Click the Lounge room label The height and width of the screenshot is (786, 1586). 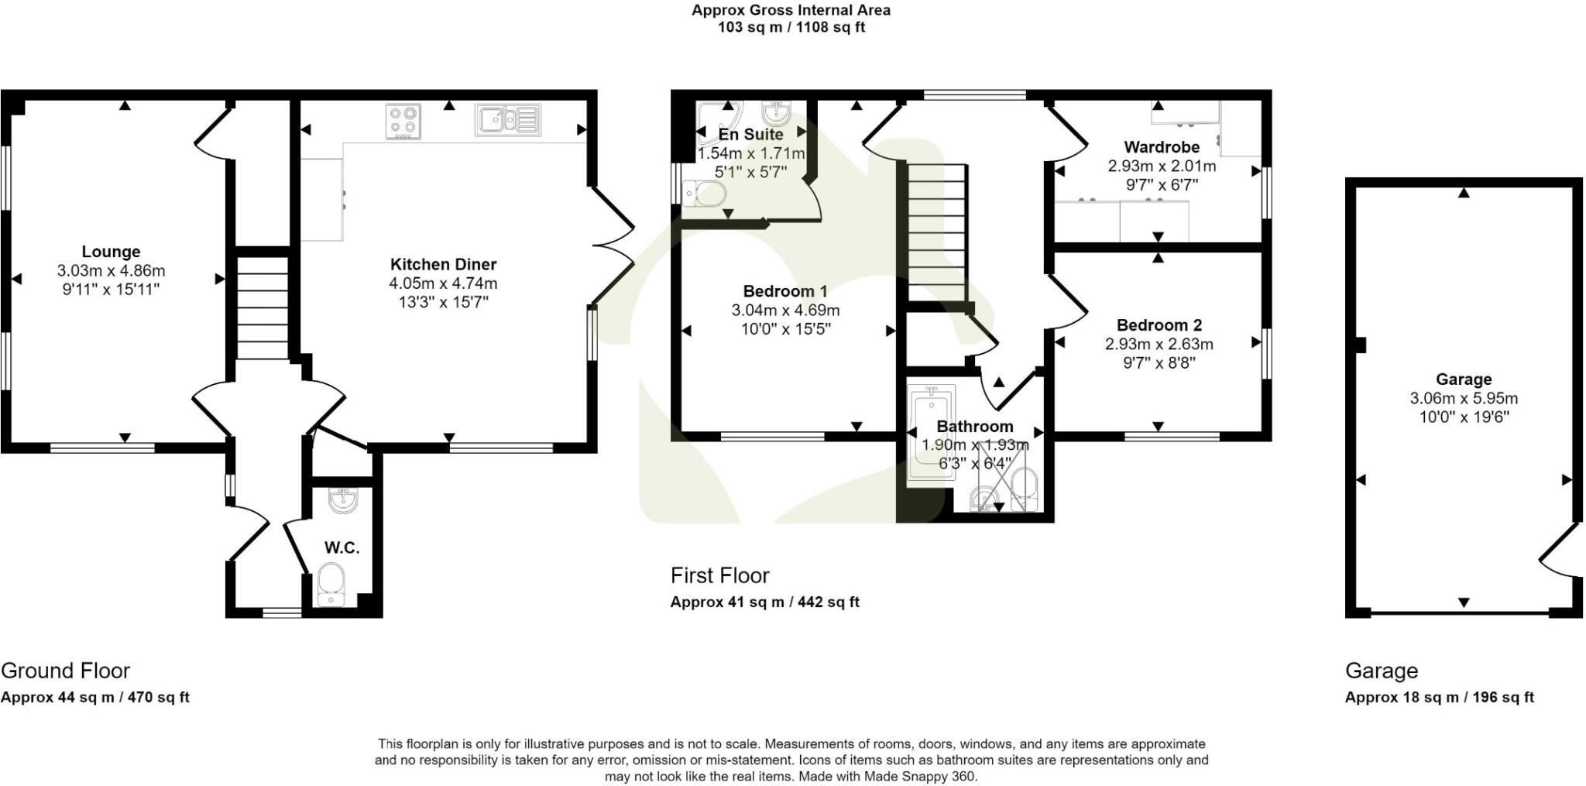[111, 252]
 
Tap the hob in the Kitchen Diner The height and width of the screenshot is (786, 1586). [403, 122]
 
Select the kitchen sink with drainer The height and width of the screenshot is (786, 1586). [508, 121]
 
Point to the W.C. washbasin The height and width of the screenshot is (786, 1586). [342, 500]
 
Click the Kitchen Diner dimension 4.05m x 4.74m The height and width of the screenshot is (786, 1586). [443, 283]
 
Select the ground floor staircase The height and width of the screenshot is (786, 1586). [262, 308]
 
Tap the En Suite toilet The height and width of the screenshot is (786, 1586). [705, 193]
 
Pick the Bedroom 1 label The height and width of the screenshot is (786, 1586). [784, 291]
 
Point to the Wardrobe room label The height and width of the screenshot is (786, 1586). [1162, 147]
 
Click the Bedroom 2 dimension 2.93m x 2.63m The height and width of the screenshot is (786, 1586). [1159, 344]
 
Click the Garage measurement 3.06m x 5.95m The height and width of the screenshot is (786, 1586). [1463, 399]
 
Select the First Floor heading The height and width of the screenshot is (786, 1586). [719, 575]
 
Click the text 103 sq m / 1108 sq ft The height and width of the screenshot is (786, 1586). [791, 27]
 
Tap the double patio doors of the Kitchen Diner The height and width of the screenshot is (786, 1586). [614, 246]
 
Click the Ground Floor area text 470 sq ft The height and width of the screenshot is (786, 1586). [158, 697]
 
